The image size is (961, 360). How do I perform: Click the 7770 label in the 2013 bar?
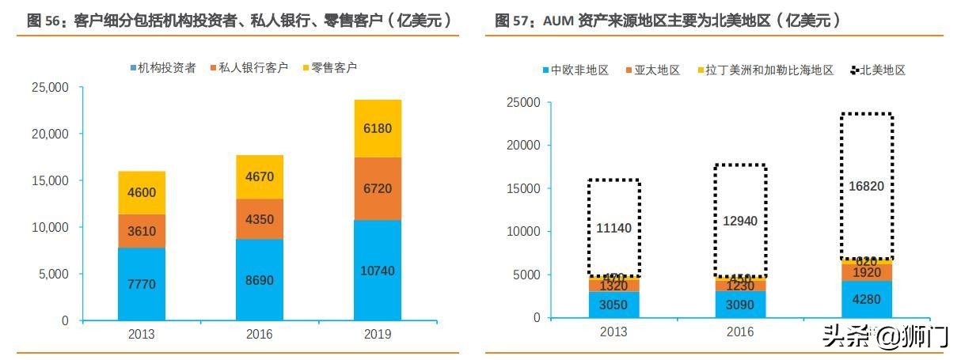pyautogui.click(x=142, y=284)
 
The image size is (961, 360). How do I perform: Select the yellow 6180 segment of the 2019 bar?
pyautogui.click(x=378, y=128)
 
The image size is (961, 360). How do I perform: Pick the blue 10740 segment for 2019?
pyautogui.click(x=378, y=271)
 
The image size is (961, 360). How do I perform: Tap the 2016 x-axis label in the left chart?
pyautogui.click(x=260, y=335)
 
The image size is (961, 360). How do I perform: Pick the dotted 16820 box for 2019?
pyautogui.click(x=867, y=186)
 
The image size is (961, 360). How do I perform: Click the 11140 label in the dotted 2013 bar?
pyautogui.click(x=613, y=229)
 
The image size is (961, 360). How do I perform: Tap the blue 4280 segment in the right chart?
pyautogui.click(x=867, y=299)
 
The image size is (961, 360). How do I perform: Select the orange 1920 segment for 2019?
pyautogui.click(x=867, y=272)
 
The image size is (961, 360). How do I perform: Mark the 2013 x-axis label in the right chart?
pyautogui.click(x=613, y=332)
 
